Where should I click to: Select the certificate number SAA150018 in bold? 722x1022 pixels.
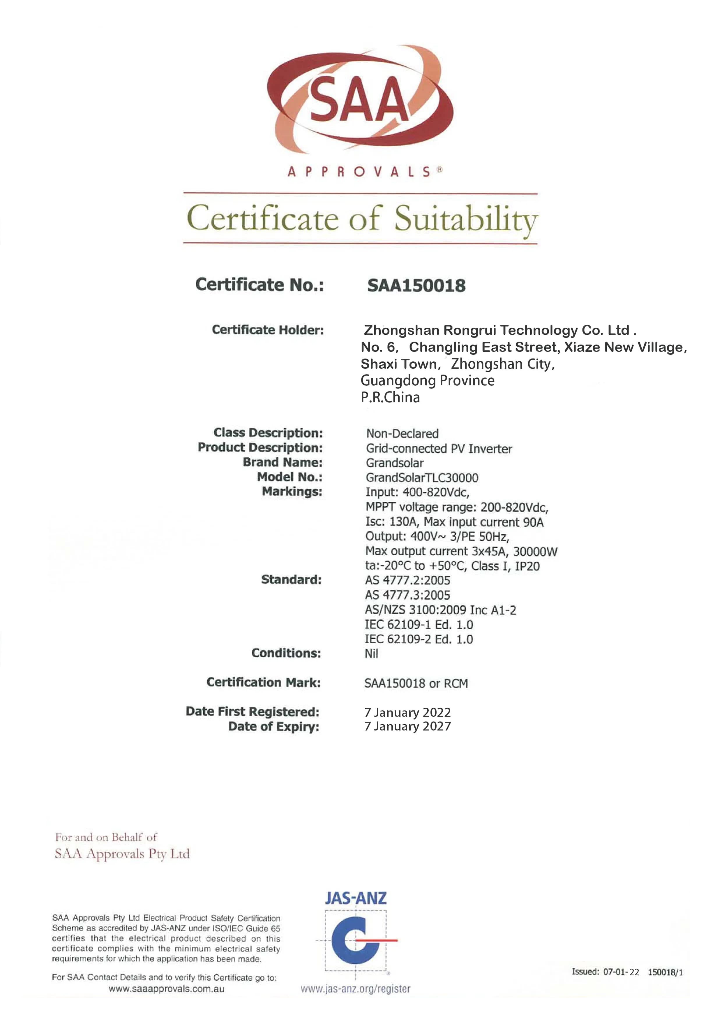[x=416, y=285]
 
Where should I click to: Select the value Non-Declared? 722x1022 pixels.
[x=402, y=433]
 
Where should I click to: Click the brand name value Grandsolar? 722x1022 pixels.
[x=395, y=463]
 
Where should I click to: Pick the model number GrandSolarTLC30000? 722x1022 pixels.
[x=422, y=477]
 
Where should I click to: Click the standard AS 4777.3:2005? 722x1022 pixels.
[x=407, y=595]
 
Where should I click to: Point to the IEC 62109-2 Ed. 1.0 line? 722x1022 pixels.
[x=419, y=639]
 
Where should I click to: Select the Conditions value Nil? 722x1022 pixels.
[x=371, y=654]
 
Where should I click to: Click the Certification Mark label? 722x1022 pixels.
[x=263, y=682]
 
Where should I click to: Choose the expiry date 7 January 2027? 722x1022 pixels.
[x=407, y=726]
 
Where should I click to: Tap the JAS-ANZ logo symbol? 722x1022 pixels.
[x=356, y=940]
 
